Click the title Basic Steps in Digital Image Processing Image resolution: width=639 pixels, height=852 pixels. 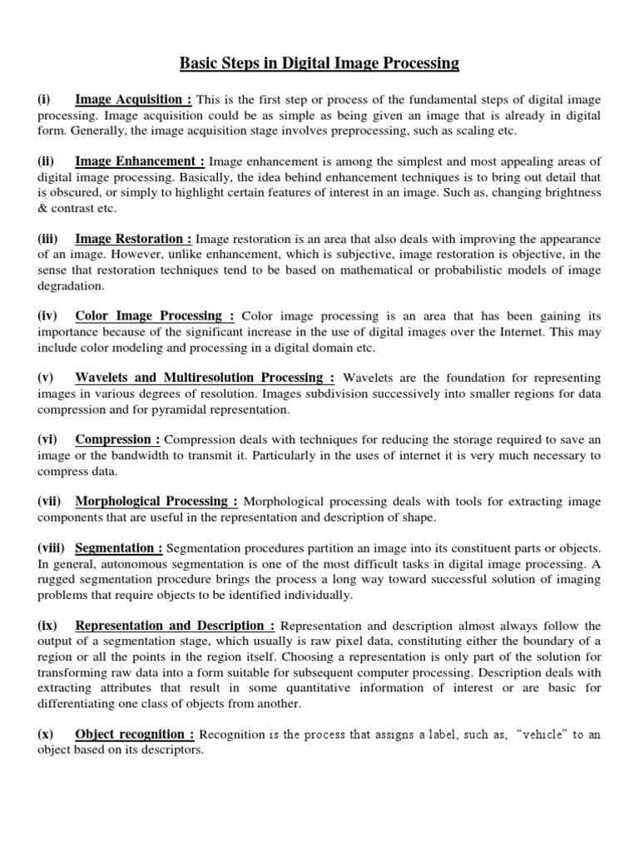tap(319, 62)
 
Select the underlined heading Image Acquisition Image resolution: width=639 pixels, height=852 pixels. tap(133, 99)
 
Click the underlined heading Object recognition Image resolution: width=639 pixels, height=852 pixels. tap(135, 734)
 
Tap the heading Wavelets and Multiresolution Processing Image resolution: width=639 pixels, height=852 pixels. tap(205, 377)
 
